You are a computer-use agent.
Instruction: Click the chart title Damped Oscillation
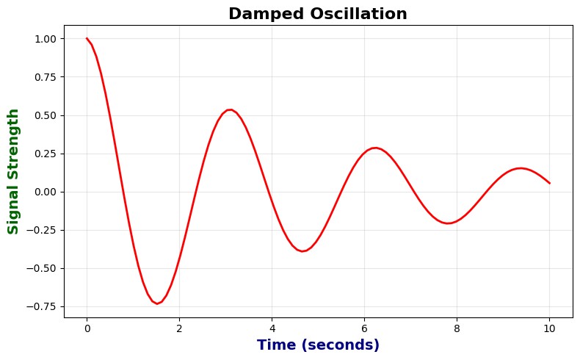tap(317, 13)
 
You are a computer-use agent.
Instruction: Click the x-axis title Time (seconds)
tap(317, 345)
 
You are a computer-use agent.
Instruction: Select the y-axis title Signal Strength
tap(13, 171)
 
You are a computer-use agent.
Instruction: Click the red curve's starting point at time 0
tap(87, 38)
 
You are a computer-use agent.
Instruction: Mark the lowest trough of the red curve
tap(157, 303)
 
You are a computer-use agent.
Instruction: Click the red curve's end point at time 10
tap(549, 183)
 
